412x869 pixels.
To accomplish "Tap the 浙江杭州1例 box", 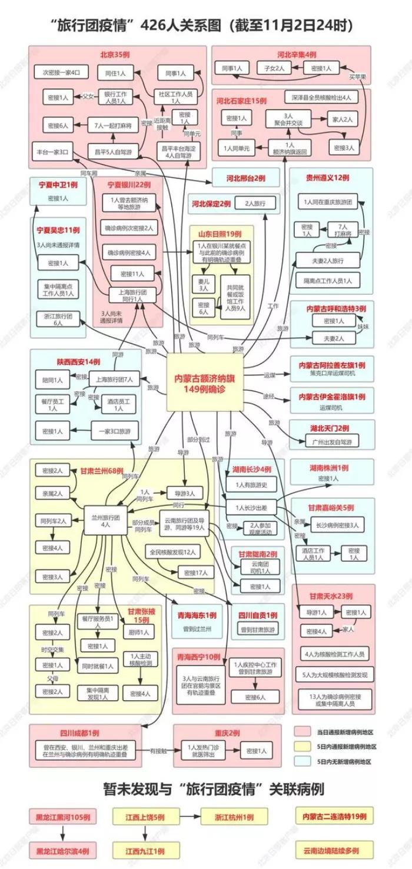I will point(231,817).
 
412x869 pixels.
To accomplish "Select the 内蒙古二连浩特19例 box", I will point(334,817).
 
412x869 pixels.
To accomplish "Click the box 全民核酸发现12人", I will point(174,552).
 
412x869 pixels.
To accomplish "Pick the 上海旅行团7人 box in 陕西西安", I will point(114,379).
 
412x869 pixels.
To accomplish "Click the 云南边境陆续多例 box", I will point(334,850).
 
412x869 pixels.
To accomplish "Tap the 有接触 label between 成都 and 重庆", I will point(158,751).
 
